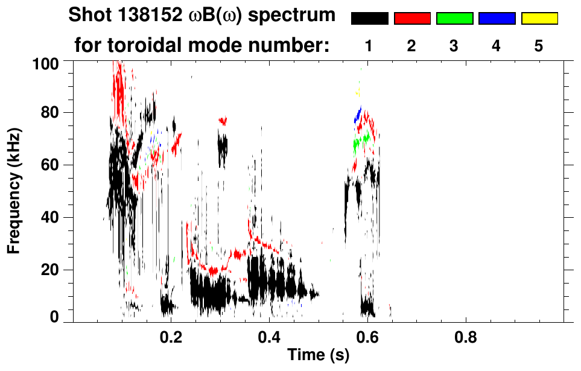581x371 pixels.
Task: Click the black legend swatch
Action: [x=369, y=19]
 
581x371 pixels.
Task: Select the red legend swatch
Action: [x=412, y=19]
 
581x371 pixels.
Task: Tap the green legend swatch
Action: [x=454, y=19]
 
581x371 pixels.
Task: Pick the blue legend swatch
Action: [x=497, y=19]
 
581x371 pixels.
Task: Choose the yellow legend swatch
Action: [x=539, y=19]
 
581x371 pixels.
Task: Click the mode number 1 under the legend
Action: [x=369, y=46]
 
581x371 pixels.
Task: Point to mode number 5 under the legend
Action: [x=539, y=46]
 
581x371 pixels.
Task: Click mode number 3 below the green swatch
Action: [x=454, y=46]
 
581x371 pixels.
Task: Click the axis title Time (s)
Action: [x=318, y=356]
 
